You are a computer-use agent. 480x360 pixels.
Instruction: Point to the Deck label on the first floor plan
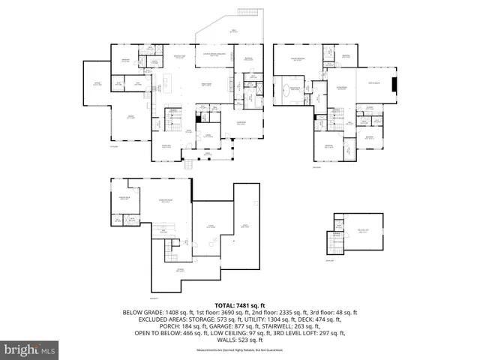click(x=233, y=31)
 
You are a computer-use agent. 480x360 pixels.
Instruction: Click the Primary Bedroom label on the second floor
click(x=298, y=58)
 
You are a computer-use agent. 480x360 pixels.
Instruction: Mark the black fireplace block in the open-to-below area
click(x=396, y=84)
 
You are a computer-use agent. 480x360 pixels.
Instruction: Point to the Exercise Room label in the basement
click(x=121, y=197)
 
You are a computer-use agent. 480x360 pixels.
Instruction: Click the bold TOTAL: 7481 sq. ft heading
click(x=239, y=305)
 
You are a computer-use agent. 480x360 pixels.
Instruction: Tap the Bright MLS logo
click(x=30, y=349)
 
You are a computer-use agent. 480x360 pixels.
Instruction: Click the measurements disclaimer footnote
click(x=239, y=350)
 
